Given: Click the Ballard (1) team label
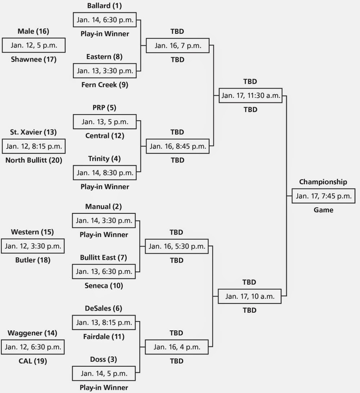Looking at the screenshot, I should [104, 6].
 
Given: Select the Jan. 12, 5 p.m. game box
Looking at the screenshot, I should [33, 45].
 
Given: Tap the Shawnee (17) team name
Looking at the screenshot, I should [33, 59].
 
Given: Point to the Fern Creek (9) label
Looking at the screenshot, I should [104, 85].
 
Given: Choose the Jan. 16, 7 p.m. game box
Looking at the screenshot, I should [178, 45].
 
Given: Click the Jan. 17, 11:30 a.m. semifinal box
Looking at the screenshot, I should [250, 95].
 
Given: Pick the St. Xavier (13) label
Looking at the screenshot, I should [33, 132].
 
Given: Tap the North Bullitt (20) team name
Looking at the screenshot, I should [33, 160].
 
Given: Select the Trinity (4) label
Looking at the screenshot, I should [104, 158].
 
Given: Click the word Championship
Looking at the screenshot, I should [323, 182].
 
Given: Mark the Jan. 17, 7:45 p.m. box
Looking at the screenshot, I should [323, 196].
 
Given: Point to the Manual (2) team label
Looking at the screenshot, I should [104, 207].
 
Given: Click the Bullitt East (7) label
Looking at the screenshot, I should [104, 257].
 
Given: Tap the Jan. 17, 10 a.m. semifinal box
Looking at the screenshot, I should [250, 296].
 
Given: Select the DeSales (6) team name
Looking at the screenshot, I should [104, 308].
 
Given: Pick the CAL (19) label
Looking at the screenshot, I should [33, 361].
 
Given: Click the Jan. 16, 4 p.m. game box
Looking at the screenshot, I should [177, 347].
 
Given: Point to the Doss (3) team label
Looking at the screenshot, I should [104, 359].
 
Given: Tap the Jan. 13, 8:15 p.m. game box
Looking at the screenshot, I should [104, 322].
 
